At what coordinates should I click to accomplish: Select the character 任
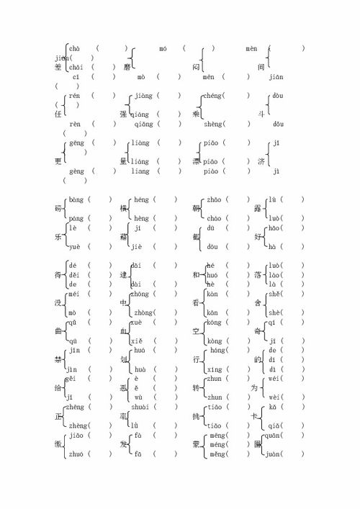coord(58,114)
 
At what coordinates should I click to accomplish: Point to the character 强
coord(125,114)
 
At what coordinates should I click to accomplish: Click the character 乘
coord(197,114)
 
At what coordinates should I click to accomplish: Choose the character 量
coord(124,161)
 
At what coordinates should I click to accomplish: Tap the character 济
coord(261,161)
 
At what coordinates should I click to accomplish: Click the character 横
coord(124,209)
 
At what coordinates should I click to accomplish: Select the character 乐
coord(58,237)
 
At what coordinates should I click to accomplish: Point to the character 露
coord(261,209)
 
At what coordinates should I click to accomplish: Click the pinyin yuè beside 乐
coord(74,246)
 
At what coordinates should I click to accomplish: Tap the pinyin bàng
coord(75,199)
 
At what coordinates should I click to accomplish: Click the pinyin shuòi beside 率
coord(143,406)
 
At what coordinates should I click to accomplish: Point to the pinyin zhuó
coord(76,454)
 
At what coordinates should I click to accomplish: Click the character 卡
coord(261,415)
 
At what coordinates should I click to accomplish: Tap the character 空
coord(197,330)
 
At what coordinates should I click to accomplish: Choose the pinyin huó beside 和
coord(212,274)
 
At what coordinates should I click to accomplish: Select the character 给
coord(58,387)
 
